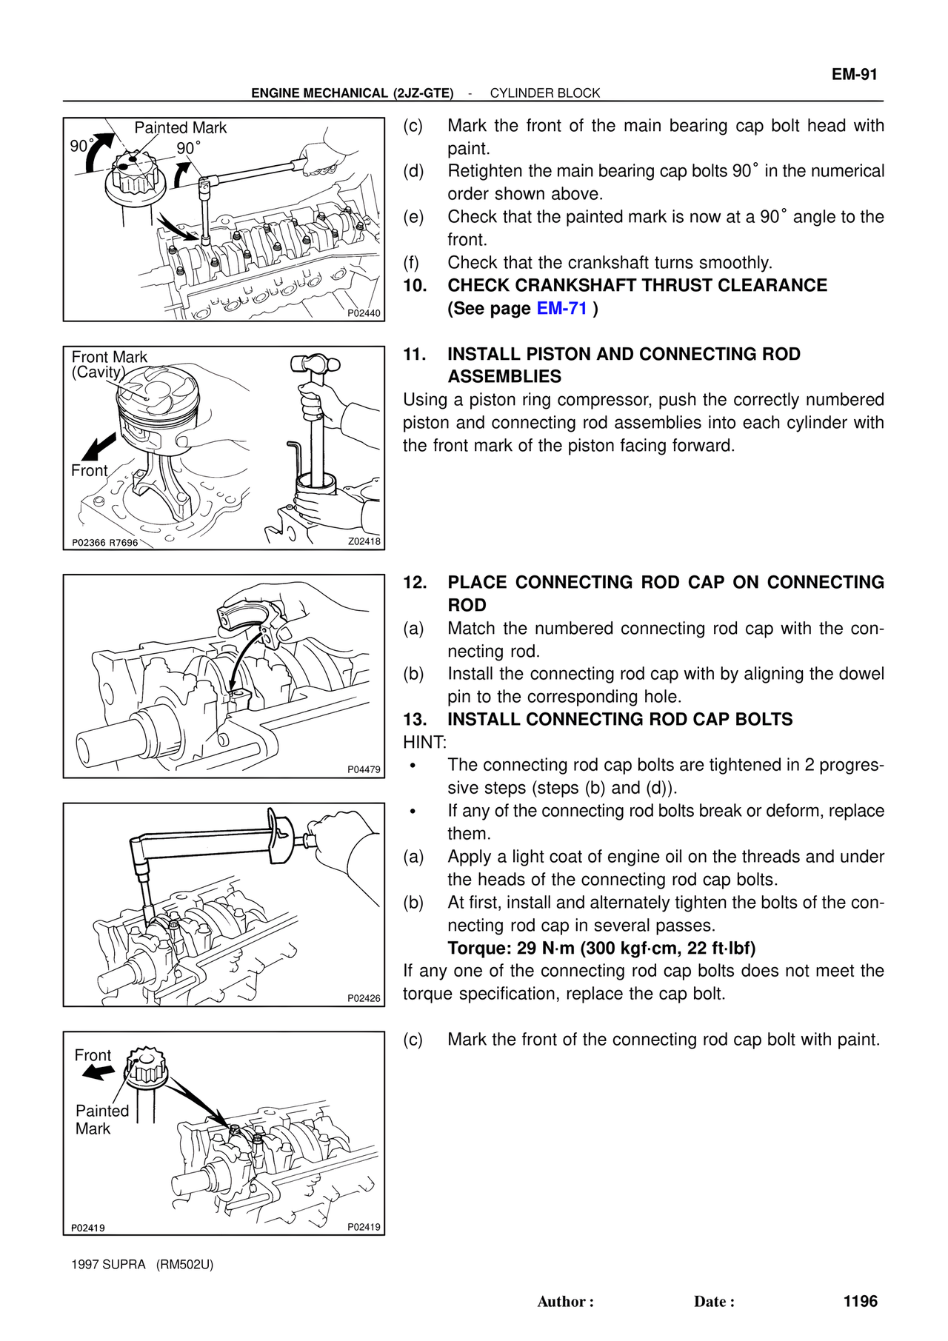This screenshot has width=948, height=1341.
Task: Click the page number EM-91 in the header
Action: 854,74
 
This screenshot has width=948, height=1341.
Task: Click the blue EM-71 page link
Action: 561,308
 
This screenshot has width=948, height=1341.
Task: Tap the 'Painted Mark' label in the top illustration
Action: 180,128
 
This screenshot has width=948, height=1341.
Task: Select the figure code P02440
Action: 364,313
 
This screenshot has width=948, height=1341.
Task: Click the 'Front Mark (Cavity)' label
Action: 108,364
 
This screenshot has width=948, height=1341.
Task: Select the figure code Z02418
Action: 364,541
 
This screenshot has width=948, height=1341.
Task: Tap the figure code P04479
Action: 364,769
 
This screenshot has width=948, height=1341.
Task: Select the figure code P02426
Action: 364,998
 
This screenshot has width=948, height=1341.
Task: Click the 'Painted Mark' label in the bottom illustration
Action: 101,1120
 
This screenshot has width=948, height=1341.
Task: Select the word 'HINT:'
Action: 424,742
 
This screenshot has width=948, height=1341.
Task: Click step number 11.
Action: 414,354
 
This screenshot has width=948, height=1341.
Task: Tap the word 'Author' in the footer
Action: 563,1302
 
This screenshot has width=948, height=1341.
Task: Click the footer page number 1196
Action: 860,1301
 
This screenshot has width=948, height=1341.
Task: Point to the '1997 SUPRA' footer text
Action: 109,1264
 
